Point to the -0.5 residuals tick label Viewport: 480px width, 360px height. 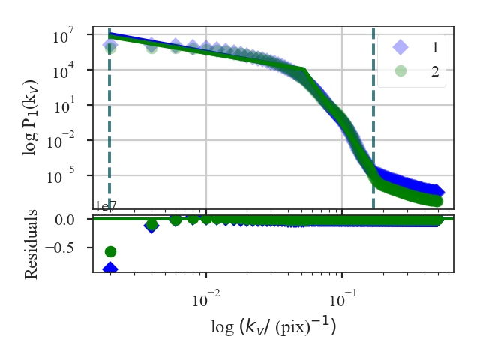point(70,246)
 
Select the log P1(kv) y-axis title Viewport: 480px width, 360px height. point(32,106)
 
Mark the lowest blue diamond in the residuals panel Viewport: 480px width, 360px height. point(110,268)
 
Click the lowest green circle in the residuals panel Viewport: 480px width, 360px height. point(110,251)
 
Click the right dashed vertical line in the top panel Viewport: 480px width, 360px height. point(373,112)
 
